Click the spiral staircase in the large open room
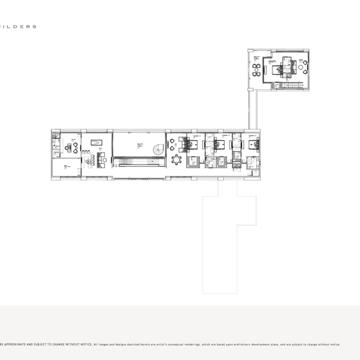tap(158, 149)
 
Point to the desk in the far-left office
tap(70, 148)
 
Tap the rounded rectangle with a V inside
tap(96, 142)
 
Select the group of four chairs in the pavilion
tap(256, 70)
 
